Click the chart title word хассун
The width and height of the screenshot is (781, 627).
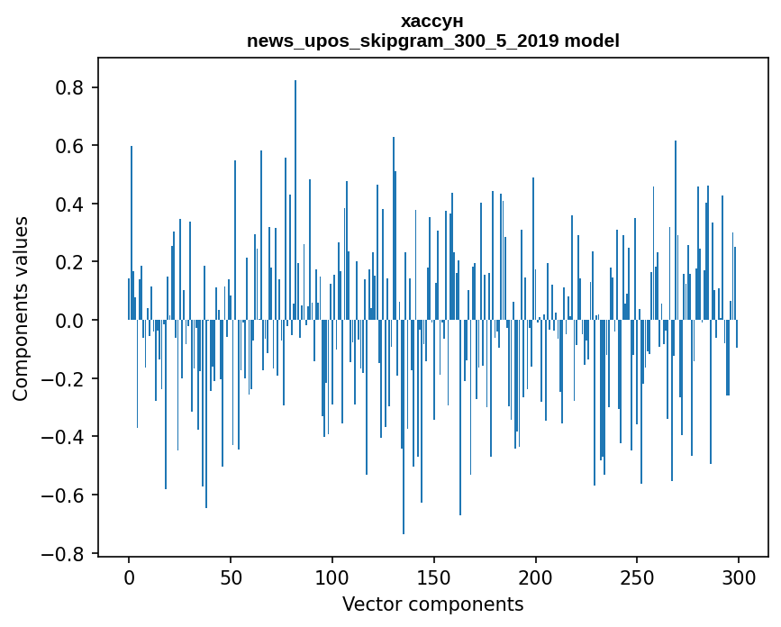click(x=432, y=22)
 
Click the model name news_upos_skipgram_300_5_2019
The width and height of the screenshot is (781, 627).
click(x=403, y=41)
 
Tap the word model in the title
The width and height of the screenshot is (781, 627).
click(x=592, y=41)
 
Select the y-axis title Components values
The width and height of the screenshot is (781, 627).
click(x=21, y=309)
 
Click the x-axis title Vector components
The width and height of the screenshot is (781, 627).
click(x=432, y=604)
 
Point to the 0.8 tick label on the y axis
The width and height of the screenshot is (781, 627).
click(x=69, y=87)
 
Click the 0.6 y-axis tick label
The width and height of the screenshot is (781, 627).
click(x=69, y=146)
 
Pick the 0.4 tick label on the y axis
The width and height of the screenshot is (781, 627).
click(x=69, y=204)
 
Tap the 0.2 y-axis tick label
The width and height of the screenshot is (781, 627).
click(x=69, y=262)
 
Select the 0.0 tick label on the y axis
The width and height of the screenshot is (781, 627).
click(x=69, y=320)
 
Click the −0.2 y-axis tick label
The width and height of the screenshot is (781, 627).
click(x=62, y=378)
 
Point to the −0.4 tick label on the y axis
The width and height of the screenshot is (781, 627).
click(x=62, y=437)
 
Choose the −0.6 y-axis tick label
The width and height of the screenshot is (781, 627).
click(x=62, y=495)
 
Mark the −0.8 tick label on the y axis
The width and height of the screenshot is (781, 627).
click(x=62, y=553)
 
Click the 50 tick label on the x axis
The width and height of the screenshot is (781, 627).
click(x=231, y=578)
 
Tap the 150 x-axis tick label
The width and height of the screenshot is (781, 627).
click(x=434, y=578)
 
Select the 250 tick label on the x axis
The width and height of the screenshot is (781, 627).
click(x=637, y=578)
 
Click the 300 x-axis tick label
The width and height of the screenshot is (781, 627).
click(x=739, y=578)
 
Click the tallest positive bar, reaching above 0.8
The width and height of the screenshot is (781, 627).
click(x=295, y=200)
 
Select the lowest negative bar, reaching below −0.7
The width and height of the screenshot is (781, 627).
click(x=404, y=427)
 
